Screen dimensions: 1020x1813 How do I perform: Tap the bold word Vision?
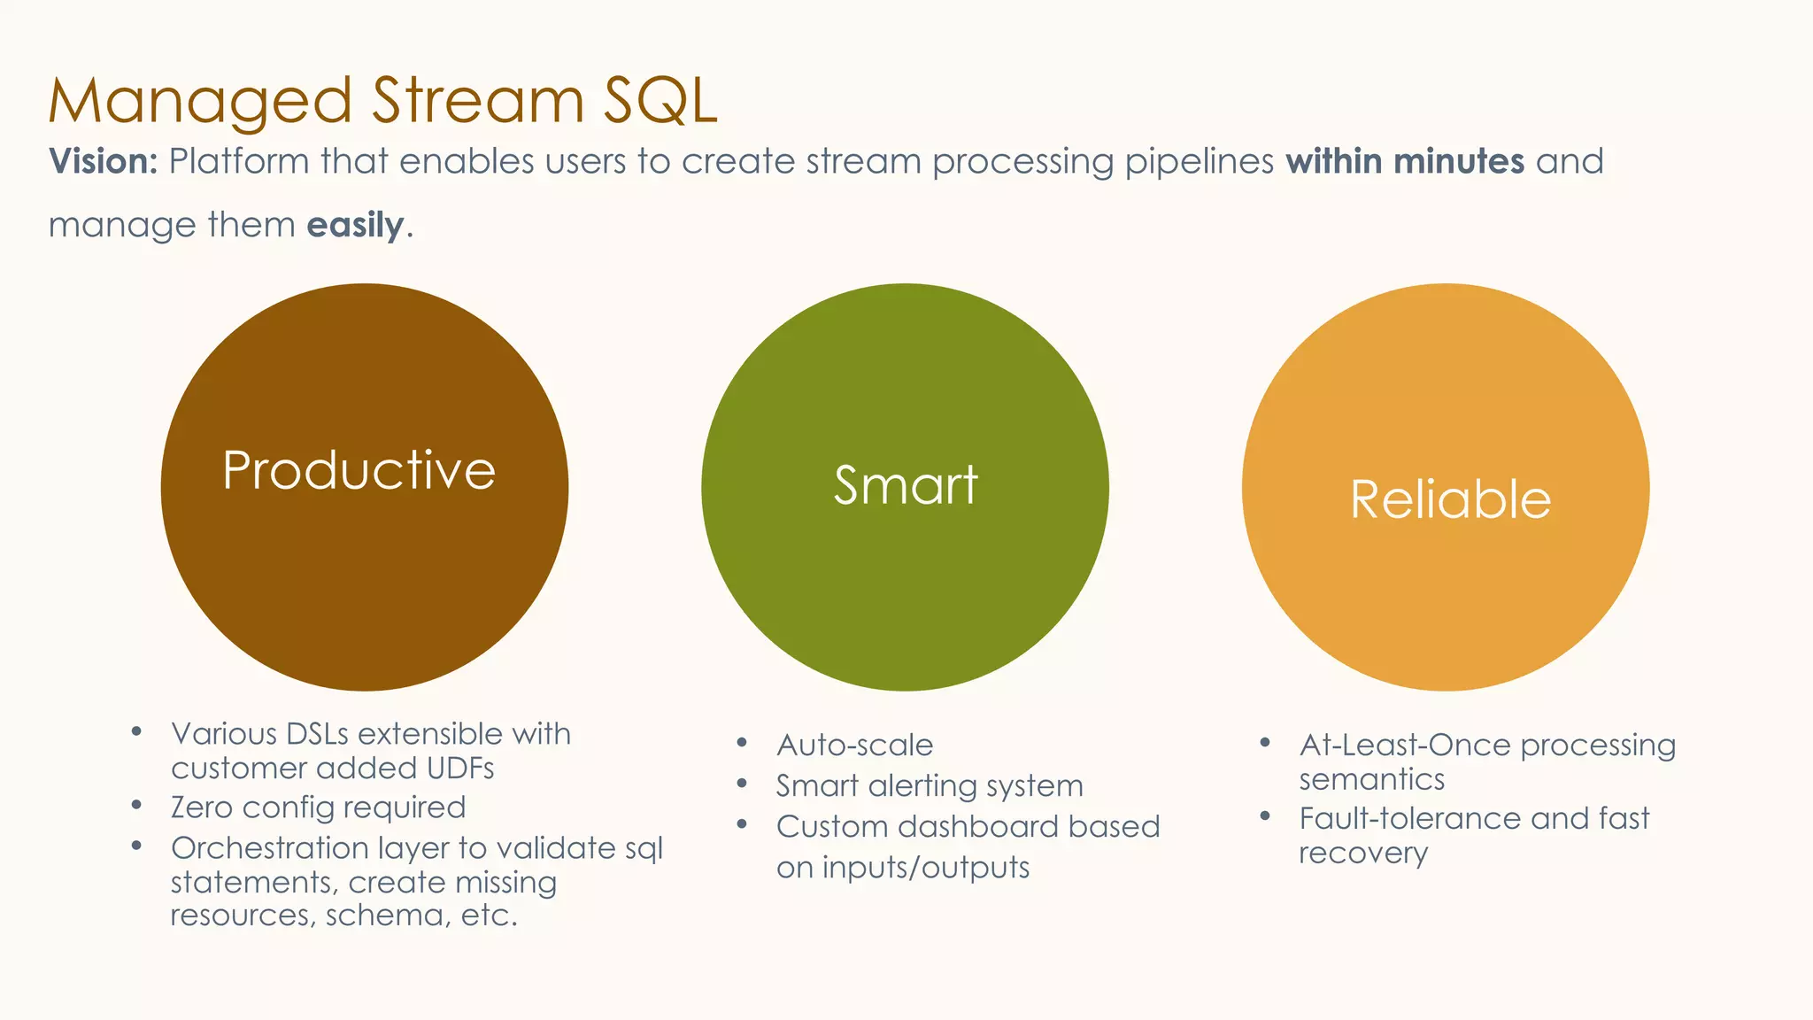coord(103,162)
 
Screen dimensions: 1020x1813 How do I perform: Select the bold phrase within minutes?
coord(1405,162)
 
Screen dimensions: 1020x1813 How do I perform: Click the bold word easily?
coord(355,225)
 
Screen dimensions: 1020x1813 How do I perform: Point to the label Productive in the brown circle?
coord(359,470)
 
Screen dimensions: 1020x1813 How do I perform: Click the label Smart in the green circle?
coord(906,485)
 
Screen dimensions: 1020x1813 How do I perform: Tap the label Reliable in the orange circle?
coord(1450,499)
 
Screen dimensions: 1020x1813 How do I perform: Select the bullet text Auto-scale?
coord(854,746)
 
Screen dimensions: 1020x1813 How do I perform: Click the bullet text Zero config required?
coord(318,807)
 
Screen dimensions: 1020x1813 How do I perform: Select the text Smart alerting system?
coord(930,786)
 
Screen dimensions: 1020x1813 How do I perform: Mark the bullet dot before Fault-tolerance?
coord(1265,815)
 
